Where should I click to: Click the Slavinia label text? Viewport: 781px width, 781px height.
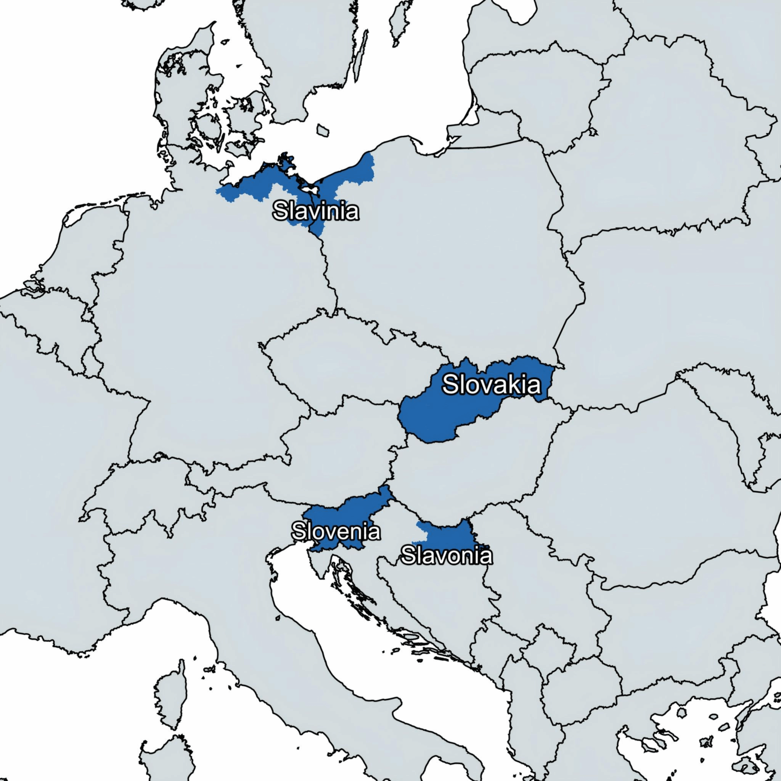click(315, 211)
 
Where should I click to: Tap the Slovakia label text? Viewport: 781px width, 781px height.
click(491, 384)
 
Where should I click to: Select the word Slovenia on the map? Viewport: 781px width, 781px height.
click(336, 531)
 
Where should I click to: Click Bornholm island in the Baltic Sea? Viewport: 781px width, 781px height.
click(322, 130)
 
